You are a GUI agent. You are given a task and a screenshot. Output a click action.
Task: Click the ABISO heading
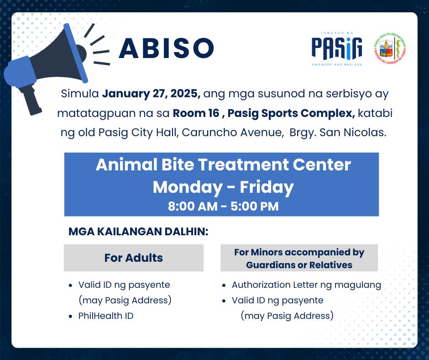pyautogui.click(x=166, y=48)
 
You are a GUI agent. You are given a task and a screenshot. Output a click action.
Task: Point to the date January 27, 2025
pyautogui.click(x=151, y=95)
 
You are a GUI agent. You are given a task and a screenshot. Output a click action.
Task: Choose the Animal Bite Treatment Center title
pyautogui.click(x=223, y=164)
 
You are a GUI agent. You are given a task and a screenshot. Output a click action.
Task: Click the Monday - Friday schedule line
pyautogui.click(x=223, y=187)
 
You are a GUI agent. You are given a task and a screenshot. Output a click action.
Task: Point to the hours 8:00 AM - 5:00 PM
pyautogui.click(x=223, y=206)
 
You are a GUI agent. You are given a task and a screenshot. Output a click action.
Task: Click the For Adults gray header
pyautogui.click(x=133, y=258)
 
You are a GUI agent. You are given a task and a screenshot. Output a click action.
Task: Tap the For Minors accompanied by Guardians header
pyautogui.click(x=299, y=258)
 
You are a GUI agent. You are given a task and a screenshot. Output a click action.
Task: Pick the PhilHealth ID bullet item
pyautogui.click(x=106, y=316)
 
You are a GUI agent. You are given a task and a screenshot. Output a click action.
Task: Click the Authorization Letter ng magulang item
pyautogui.click(x=306, y=285)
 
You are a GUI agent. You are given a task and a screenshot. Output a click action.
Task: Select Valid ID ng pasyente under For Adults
pyautogui.click(x=124, y=285)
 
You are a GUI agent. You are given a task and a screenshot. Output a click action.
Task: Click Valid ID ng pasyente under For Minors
pyautogui.click(x=277, y=300)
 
